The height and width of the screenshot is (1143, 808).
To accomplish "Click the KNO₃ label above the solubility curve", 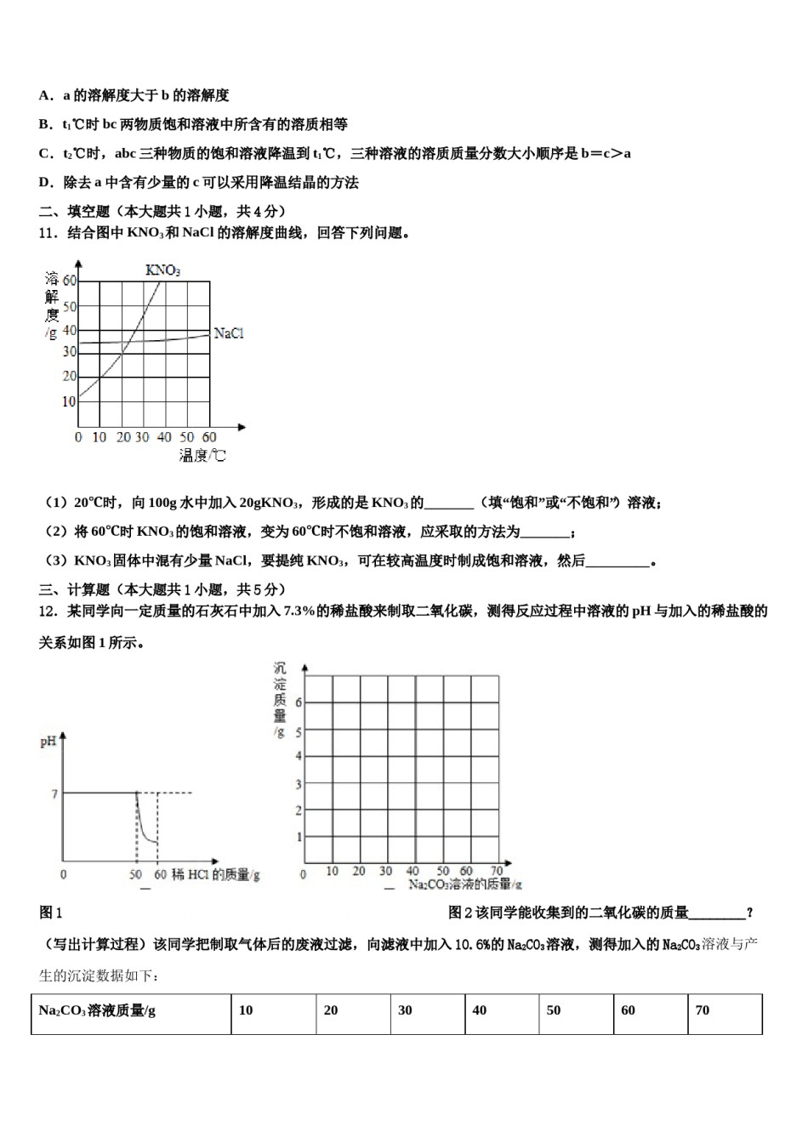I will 162,270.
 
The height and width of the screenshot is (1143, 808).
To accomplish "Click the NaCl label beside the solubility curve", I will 229,333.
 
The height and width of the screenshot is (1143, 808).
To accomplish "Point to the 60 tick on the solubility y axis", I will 69,280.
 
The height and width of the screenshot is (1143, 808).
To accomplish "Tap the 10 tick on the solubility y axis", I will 69,401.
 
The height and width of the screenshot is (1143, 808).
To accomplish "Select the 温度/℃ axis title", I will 202,456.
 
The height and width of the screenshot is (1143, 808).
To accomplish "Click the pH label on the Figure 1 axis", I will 48,742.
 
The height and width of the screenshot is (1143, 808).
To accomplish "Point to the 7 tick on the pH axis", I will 54,793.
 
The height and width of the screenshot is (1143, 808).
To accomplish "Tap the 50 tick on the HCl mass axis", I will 135,874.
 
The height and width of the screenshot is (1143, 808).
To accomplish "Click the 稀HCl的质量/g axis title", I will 215,874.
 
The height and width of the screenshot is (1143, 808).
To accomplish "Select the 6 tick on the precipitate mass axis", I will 299,702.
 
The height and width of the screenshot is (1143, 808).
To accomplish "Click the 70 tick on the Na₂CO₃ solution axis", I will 497,871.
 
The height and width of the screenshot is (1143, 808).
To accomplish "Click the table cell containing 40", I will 502,1012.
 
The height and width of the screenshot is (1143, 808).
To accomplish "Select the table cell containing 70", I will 725,1012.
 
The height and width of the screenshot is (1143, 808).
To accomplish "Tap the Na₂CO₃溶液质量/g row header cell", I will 131,1012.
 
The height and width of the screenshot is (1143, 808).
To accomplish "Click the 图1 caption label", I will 51,913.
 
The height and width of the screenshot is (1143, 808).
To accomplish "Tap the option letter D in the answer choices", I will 45,182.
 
